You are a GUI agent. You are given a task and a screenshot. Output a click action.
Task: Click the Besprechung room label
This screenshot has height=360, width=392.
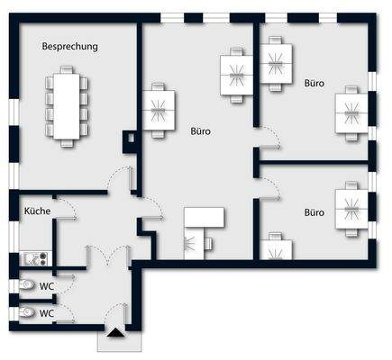[70, 46]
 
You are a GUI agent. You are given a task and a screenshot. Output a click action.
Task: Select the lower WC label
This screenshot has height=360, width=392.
[44, 313]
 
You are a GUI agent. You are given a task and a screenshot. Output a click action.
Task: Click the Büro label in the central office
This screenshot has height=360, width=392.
[201, 131]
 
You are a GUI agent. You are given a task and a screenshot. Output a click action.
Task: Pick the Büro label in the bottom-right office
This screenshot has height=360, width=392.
[314, 213]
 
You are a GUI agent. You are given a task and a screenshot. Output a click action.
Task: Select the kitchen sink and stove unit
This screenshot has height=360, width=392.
[35, 247]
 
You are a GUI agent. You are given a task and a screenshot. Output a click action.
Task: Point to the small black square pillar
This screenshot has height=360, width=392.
[131, 139]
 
